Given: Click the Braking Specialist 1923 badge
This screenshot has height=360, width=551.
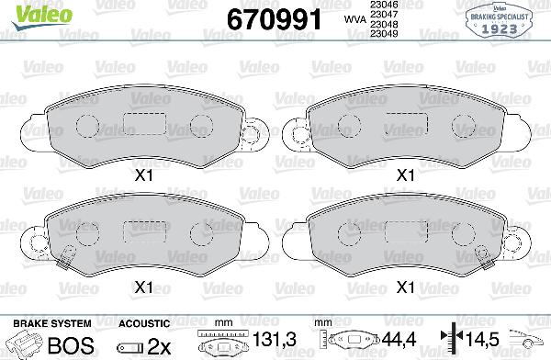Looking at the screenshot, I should (x=501, y=18).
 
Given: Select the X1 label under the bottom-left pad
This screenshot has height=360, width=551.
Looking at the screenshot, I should (x=143, y=287).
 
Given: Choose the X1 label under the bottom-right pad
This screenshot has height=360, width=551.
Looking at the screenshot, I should (x=405, y=287).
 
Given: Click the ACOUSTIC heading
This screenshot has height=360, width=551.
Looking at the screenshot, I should (x=145, y=324).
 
